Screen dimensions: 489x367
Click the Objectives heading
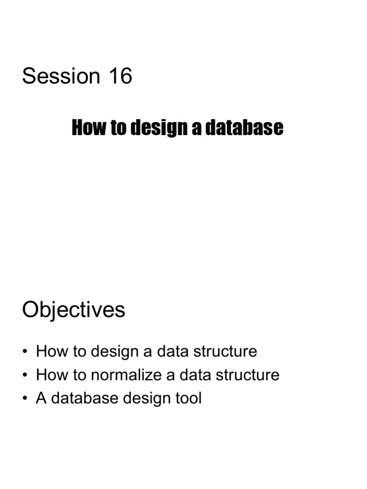(x=74, y=310)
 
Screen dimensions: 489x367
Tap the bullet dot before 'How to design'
(x=25, y=352)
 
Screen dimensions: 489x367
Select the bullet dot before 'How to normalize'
(x=25, y=375)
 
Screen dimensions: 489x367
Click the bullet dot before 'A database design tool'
(x=25, y=399)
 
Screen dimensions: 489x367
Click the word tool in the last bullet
(x=188, y=398)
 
